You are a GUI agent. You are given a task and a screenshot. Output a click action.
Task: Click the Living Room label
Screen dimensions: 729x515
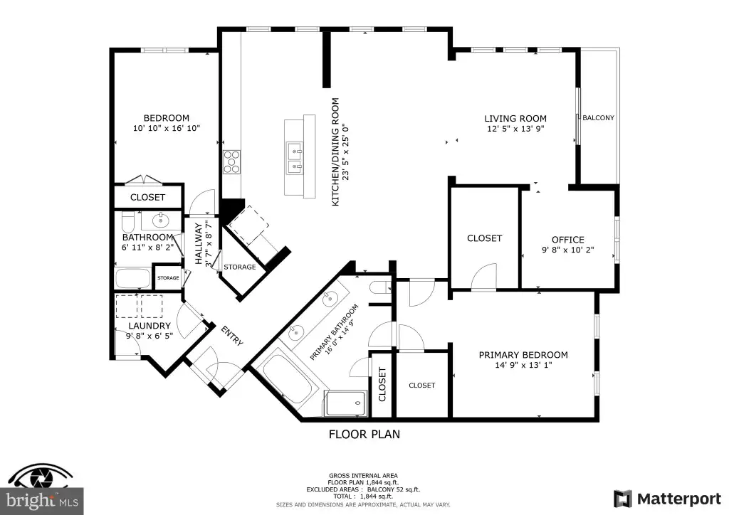click(x=515, y=118)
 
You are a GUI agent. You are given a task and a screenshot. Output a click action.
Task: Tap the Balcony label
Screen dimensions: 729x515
click(x=598, y=118)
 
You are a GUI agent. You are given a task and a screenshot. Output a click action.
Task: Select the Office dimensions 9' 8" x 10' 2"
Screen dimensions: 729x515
click(x=567, y=250)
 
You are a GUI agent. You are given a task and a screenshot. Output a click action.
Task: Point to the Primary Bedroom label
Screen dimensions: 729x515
click(x=523, y=355)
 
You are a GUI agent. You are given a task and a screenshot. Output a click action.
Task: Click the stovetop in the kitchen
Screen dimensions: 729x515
click(x=231, y=162)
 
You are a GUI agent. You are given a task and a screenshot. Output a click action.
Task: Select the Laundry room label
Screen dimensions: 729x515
click(x=150, y=326)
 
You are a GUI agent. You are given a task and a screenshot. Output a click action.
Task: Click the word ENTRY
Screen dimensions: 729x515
click(x=232, y=336)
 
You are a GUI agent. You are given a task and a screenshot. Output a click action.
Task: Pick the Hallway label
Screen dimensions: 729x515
click(x=199, y=244)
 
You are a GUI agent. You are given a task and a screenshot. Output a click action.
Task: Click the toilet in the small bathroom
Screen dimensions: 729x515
click(x=128, y=223)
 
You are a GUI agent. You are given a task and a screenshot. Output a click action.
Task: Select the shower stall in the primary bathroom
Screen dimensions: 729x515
click(x=345, y=403)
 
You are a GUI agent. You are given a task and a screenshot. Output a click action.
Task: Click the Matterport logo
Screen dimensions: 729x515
click(x=667, y=499)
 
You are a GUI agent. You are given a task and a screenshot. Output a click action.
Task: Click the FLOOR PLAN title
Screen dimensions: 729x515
click(x=364, y=434)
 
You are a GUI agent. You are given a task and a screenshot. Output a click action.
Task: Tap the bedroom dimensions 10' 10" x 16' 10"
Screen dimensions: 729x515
click(x=167, y=128)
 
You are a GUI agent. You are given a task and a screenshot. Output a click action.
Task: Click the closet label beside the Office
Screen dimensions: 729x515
click(x=484, y=238)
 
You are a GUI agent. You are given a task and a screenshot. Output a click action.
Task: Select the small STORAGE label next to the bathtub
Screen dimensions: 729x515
click(x=168, y=277)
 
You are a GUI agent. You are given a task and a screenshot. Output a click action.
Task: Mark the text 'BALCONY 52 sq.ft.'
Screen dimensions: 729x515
click(x=393, y=489)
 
